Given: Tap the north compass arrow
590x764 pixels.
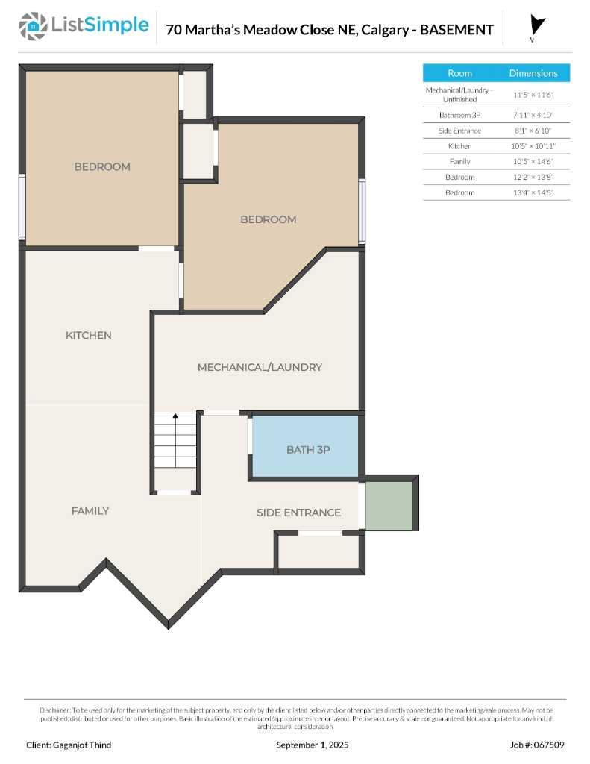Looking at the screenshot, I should point(536,26).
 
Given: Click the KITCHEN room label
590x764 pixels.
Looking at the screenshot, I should point(89,336).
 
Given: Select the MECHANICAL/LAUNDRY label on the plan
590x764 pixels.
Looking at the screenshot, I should point(260,367).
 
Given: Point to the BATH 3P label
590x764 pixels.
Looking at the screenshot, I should point(308,450).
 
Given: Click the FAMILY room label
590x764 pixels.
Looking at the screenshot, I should point(90,511).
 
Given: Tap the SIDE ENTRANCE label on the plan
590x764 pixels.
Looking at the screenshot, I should point(298,513).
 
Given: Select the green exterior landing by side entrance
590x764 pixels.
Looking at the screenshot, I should point(389,506).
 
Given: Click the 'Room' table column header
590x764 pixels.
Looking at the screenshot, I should point(459,73).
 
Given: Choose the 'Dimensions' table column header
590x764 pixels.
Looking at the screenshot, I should point(533,73).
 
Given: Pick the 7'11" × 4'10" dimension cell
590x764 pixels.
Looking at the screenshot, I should point(533,115).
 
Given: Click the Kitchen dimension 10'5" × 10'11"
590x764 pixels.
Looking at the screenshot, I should point(533,146).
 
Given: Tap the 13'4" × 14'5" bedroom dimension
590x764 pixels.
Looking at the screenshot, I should point(533,192).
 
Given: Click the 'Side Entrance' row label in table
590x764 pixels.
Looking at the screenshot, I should point(459,131).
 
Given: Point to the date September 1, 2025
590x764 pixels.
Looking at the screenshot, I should point(312,745).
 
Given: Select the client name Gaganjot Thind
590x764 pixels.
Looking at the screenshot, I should point(69,745).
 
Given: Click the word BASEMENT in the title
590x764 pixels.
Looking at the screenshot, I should point(456,30).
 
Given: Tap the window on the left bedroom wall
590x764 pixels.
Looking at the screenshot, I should point(22,207).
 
